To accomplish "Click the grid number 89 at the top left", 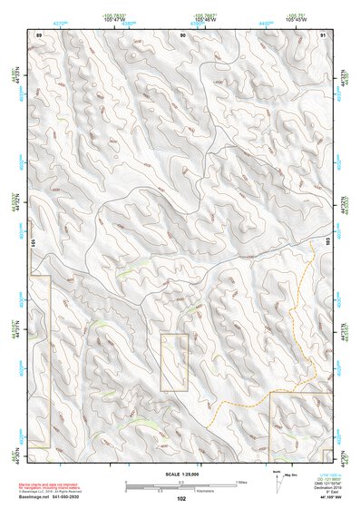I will (x=39, y=34).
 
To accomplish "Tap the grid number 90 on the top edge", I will (x=182, y=34).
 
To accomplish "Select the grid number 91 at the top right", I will (x=324, y=34).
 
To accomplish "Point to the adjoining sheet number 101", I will (x=34, y=243).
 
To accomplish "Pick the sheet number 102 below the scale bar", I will (x=181, y=498).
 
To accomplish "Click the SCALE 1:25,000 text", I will (x=182, y=475).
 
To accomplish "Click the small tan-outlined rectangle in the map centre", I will (x=174, y=362).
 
